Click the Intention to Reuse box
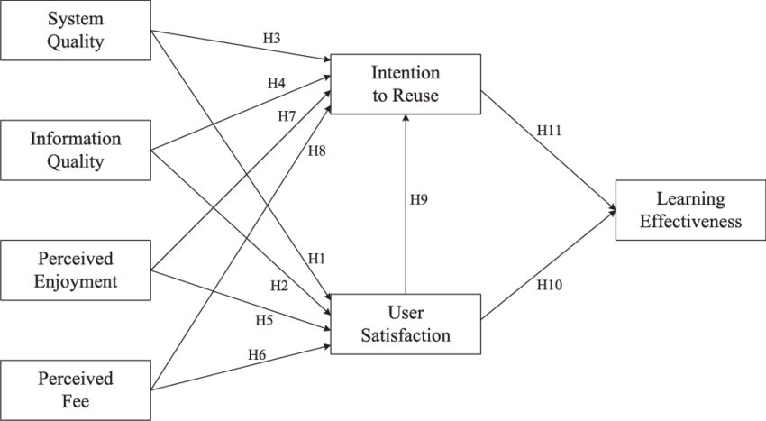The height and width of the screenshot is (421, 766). click(x=406, y=84)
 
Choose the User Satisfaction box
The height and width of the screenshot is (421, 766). click(x=406, y=325)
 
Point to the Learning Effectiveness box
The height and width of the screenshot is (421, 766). click(x=690, y=209)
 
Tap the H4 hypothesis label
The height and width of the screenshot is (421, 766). click(x=277, y=84)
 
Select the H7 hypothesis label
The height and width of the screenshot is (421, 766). click(x=287, y=117)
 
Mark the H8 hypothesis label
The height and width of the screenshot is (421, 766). click(x=316, y=151)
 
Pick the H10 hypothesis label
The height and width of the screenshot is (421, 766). click(x=549, y=285)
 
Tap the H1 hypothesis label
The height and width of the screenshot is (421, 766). click(x=315, y=258)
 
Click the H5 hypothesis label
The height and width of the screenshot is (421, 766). click(x=263, y=318)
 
